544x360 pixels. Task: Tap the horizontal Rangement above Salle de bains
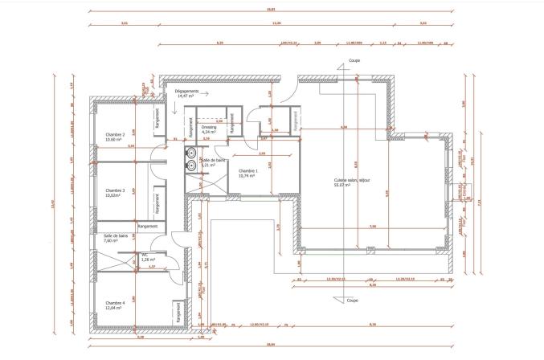click(x=147, y=226)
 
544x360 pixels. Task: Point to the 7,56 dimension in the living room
click(x=372, y=227)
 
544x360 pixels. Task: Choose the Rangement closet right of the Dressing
click(x=231, y=125)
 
